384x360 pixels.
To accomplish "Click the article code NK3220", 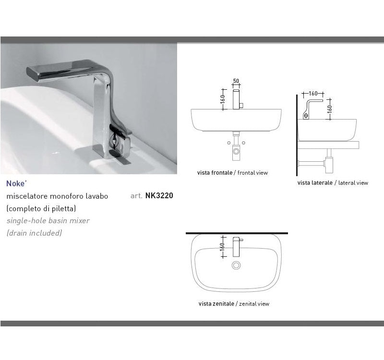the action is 159,195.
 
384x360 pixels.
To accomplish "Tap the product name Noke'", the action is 16,183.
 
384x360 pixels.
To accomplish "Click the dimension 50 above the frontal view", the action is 236,81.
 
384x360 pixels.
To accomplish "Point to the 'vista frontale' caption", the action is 215,173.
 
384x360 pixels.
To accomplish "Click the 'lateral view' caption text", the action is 353,183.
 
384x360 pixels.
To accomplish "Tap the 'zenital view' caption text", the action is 254,304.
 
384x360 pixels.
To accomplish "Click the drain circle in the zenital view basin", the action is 236,265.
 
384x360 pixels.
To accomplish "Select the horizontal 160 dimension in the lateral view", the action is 313,94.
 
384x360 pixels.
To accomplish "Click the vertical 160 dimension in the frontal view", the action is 223,99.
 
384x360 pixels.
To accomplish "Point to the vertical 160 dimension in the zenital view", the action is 222,247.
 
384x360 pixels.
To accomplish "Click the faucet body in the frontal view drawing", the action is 236,99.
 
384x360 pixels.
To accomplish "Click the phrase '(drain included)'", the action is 34,233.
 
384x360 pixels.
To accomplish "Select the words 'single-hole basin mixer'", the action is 48,221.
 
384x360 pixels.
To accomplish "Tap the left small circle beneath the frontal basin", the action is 229,143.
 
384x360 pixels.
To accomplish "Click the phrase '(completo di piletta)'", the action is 41,208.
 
